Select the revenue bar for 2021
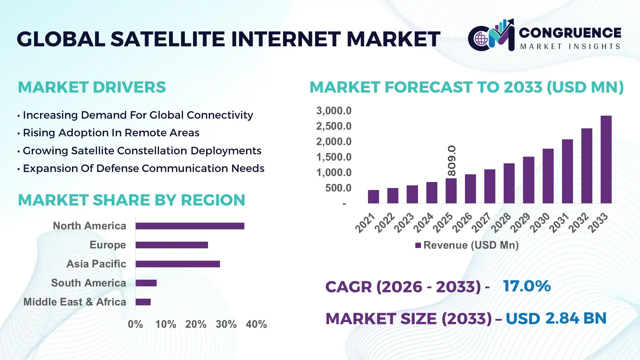coord(373,197)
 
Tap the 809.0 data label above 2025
coord(452,161)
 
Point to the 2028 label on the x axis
coord(501,223)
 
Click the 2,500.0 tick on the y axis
coord(334,126)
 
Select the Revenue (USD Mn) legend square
coord(418,245)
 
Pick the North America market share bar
coord(190,226)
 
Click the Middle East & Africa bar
coord(143,302)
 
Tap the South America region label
coord(89,283)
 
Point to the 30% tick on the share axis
coord(226,324)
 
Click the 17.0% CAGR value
coord(527,286)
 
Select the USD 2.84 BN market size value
coord(556,318)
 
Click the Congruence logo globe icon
coord(481,39)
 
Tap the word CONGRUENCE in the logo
coord(570,33)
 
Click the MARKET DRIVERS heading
coord(92,87)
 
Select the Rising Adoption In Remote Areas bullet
coord(111,133)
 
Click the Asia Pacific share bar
coord(178,264)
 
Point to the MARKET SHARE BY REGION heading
coord(131,200)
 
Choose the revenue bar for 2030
coord(548,176)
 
